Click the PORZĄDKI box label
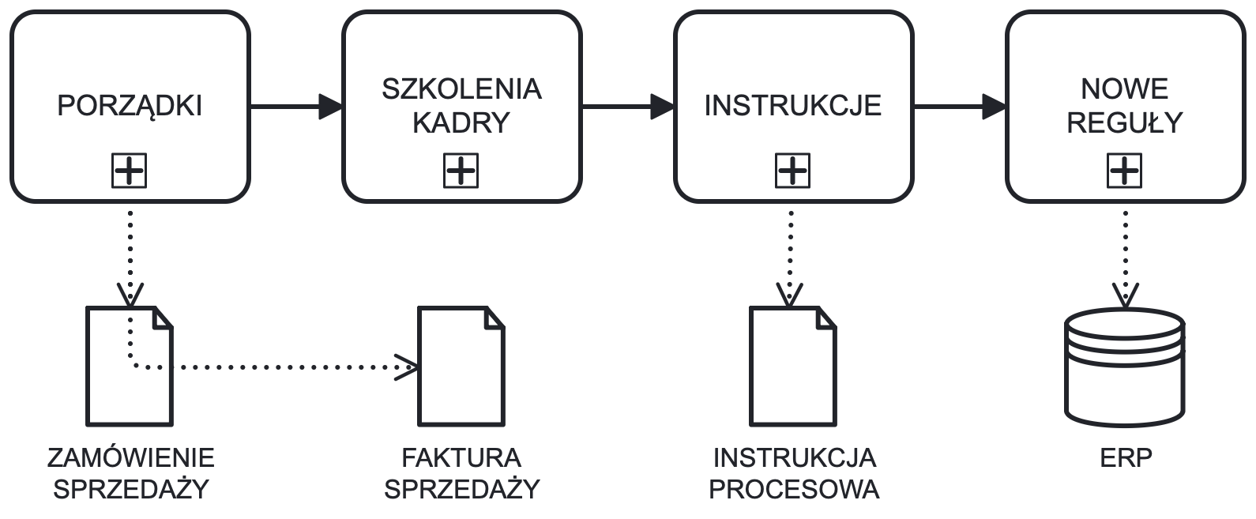click(x=130, y=106)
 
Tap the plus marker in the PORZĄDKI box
click(x=130, y=171)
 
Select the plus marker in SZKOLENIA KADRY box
click(x=461, y=171)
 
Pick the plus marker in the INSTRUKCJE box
click(x=792, y=171)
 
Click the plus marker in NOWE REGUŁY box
click(x=1125, y=171)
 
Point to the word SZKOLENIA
click(x=461, y=88)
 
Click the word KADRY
click(x=461, y=123)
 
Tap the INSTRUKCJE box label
click(x=792, y=106)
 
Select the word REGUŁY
click(x=1125, y=123)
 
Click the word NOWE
click(x=1125, y=88)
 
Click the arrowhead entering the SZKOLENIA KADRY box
click(x=332, y=106)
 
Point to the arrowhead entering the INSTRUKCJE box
click(x=664, y=106)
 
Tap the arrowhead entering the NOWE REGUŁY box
click(x=995, y=106)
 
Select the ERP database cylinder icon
click(x=1125, y=368)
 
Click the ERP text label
click(x=1126, y=458)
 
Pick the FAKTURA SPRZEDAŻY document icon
click(x=461, y=367)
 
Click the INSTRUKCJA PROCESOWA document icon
click(x=792, y=367)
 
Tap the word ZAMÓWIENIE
click(x=130, y=458)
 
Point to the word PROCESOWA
click(x=794, y=490)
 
